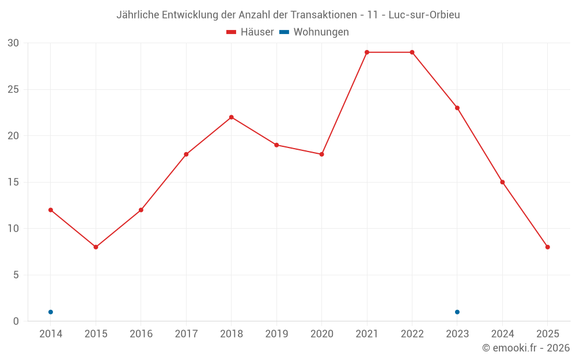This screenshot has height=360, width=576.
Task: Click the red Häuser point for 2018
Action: click(x=232, y=117)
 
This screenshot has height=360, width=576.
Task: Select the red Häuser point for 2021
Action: click(x=367, y=52)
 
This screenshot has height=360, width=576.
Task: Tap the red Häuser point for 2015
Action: click(x=96, y=247)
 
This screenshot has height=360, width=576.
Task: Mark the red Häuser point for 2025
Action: click(x=548, y=247)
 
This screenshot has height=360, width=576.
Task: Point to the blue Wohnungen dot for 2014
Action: click(x=51, y=312)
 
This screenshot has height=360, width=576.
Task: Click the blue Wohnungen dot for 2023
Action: click(x=457, y=312)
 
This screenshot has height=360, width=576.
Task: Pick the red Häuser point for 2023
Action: click(x=457, y=108)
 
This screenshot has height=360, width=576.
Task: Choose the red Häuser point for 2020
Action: click(x=322, y=154)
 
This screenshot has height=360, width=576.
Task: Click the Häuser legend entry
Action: click(x=250, y=32)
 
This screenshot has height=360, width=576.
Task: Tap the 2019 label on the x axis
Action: click(x=276, y=334)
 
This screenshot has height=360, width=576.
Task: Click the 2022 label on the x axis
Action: click(x=412, y=334)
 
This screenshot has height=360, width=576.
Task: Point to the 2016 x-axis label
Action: click(x=141, y=334)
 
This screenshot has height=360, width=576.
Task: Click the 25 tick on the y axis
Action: click(x=13, y=89)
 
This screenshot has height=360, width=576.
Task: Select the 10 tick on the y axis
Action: click(x=13, y=229)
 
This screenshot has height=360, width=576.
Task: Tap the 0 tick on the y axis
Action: click(x=16, y=321)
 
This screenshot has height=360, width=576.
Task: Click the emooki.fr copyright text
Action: click(x=525, y=348)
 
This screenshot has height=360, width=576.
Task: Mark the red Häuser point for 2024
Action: click(x=502, y=182)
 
